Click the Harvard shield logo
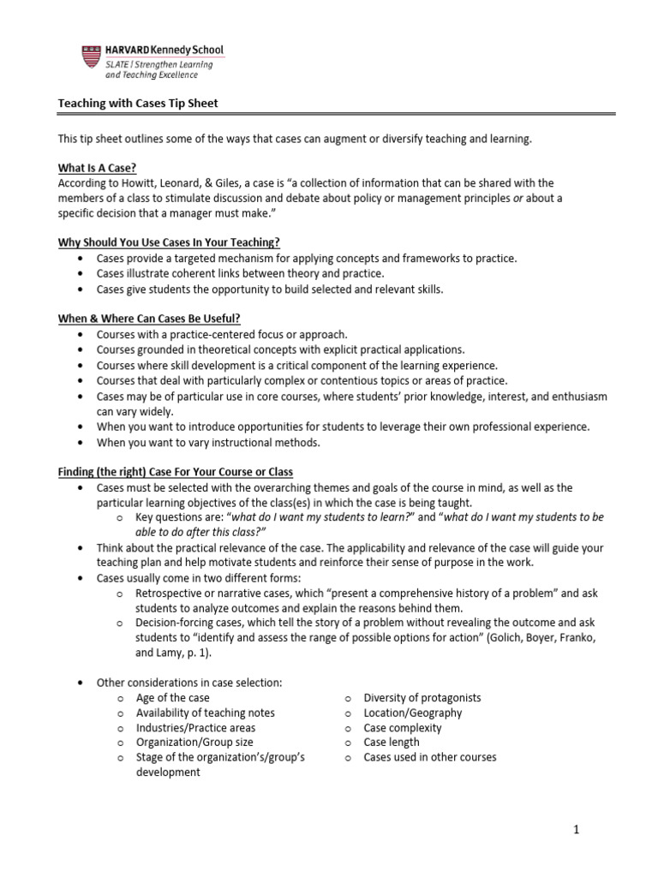pyautogui.click(x=91, y=57)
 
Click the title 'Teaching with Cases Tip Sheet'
pyautogui.click(x=138, y=104)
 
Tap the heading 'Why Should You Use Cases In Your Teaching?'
pyautogui.click(x=169, y=242)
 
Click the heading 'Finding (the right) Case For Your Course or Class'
pyautogui.click(x=175, y=472)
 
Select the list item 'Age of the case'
pyautogui.click(x=172, y=697)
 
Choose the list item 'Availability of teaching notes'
pyautogui.click(x=206, y=713)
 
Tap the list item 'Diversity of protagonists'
pyautogui.click(x=422, y=697)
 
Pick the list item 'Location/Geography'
pyautogui.click(x=412, y=713)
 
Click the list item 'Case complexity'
pyautogui.click(x=403, y=727)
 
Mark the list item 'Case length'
pyautogui.click(x=392, y=742)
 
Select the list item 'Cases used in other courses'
pyautogui.click(x=429, y=757)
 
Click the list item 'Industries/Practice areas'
pyautogui.click(x=195, y=727)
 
